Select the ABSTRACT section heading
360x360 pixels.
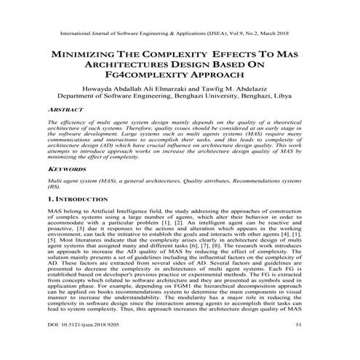63,111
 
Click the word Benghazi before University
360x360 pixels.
199,94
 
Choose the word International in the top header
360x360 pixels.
71,33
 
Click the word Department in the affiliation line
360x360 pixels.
77,94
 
